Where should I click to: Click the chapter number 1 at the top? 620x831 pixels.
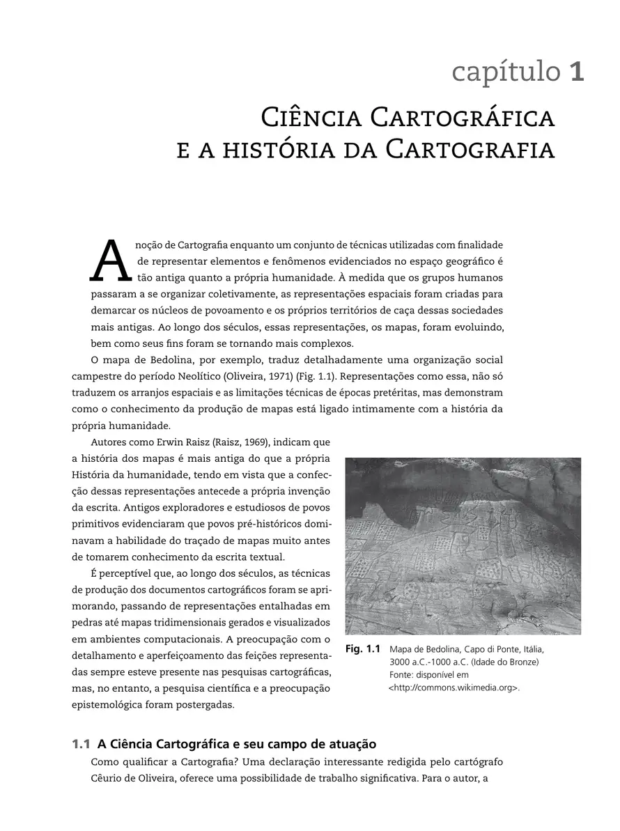[x=576, y=72]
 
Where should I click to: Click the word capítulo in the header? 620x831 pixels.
[x=505, y=72]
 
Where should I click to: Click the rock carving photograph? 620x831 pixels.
[x=463, y=545]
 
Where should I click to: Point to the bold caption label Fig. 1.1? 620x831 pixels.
[x=362, y=649]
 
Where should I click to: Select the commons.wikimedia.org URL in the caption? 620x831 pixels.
[x=454, y=688]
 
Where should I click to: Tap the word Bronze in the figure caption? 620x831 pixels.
[x=522, y=662]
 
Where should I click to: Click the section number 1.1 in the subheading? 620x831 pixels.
[x=82, y=744]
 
